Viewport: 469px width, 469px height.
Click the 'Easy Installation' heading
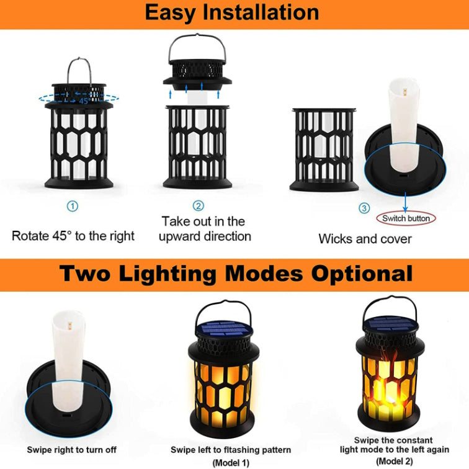tap(232, 13)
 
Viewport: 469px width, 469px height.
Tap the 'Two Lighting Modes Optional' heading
tap(236, 274)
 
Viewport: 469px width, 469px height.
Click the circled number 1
tap(73, 206)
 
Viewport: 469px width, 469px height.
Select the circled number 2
tap(199, 206)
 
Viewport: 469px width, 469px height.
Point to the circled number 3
tap(364, 208)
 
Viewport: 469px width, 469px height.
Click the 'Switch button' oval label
tap(406, 218)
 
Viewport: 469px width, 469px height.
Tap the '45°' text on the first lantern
tap(85, 100)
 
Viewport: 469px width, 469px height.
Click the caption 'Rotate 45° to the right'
tap(73, 236)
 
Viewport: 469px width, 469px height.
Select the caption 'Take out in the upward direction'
tap(205, 229)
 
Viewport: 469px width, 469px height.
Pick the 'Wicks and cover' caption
tap(365, 239)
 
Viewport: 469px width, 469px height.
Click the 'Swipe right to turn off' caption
tap(72, 450)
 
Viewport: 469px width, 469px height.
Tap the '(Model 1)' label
tap(231, 463)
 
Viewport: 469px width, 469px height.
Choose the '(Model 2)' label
tap(395, 460)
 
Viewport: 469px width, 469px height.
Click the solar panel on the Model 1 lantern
tap(224, 328)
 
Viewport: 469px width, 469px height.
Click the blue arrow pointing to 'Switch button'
tap(405, 202)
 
